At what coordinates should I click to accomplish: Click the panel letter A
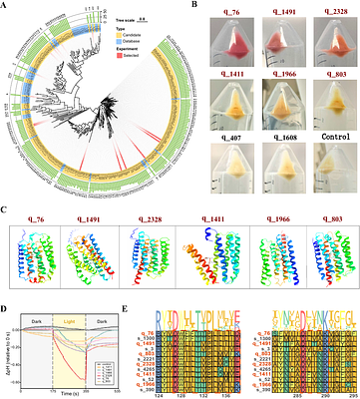pyautogui.click(x=5, y=5)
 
